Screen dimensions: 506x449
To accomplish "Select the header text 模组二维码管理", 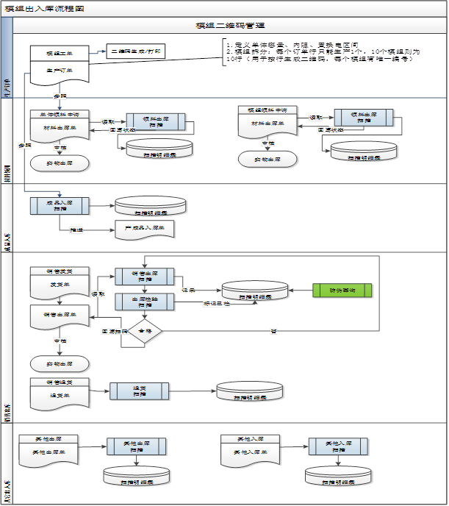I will [x=226, y=26].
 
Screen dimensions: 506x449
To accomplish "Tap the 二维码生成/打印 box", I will [x=137, y=52].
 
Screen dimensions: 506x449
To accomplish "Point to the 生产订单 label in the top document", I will [x=60, y=71].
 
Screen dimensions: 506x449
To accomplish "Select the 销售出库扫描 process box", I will [x=144, y=277].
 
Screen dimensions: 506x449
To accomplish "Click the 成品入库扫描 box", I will [x=60, y=205].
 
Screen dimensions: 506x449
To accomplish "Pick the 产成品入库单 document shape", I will [x=144, y=230].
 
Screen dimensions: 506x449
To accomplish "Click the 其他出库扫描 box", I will [x=135, y=446].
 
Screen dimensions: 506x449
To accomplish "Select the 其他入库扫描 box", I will [x=337, y=446].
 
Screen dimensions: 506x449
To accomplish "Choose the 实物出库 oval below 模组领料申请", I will [x=267, y=159].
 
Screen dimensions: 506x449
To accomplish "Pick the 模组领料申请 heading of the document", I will [x=267, y=110].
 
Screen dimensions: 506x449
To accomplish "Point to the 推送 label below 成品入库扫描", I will [x=76, y=230].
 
